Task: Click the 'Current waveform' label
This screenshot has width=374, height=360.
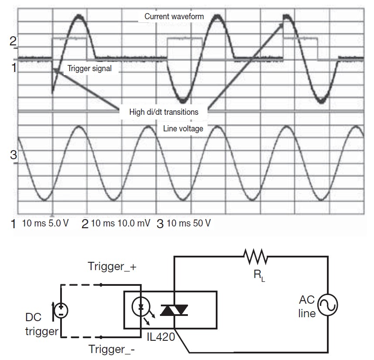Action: point(174,17)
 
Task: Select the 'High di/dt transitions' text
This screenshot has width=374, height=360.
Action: point(163,112)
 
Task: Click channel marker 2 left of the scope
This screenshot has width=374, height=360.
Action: point(13,41)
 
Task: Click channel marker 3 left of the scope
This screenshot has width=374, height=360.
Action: point(13,154)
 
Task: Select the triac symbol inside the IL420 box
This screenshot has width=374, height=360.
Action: point(174,310)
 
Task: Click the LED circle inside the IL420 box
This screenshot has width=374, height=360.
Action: point(141,307)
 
